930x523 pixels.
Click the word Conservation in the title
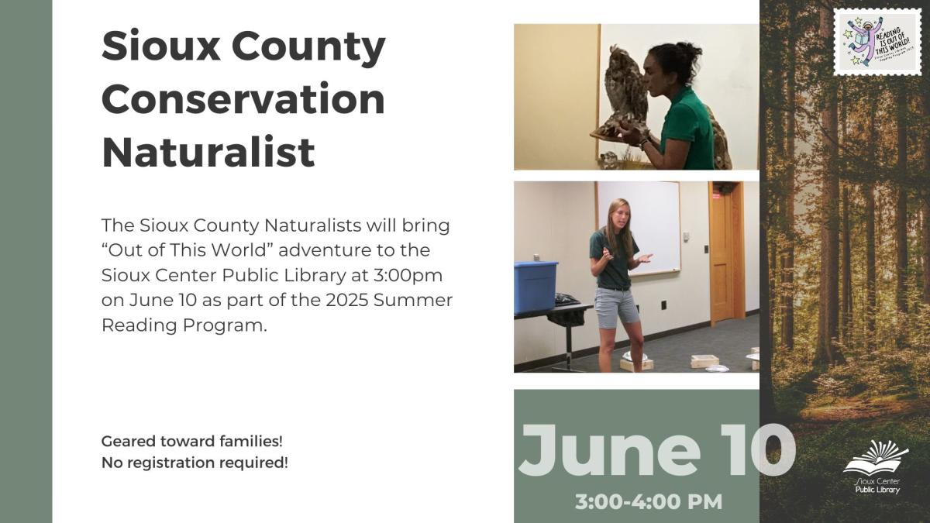pyautogui.click(x=243, y=98)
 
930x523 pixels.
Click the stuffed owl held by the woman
pyautogui.click(x=625, y=90)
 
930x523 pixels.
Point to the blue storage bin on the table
pyautogui.click(x=536, y=286)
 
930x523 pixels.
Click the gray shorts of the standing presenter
pyautogui.click(x=617, y=305)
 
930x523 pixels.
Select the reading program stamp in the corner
pyautogui.click(x=877, y=43)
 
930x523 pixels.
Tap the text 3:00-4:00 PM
pyautogui.click(x=648, y=501)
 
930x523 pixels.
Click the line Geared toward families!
pyautogui.click(x=192, y=441)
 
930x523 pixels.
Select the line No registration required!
pyautogui.click(x=195, y=463)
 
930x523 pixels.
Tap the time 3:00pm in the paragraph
pyautogui.click(x=414, y=275)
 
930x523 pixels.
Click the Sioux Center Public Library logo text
pyautogui.click(x=877, y=486)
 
